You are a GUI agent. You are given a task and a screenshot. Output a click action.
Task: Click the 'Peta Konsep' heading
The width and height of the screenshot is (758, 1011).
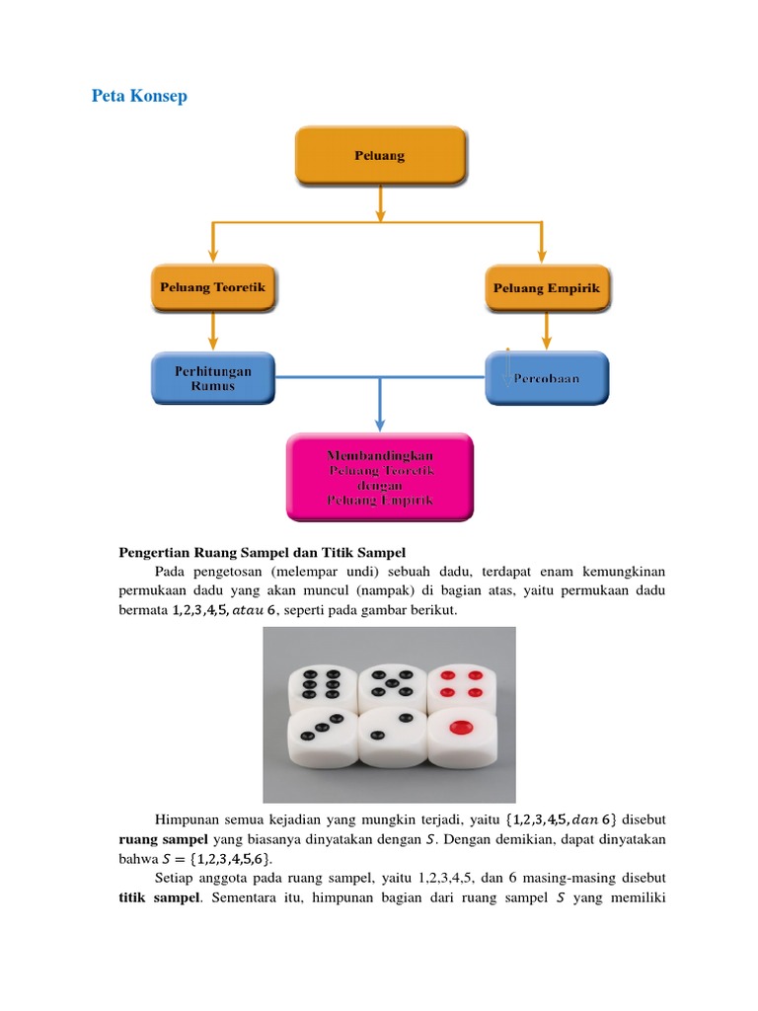(x=139, y=96)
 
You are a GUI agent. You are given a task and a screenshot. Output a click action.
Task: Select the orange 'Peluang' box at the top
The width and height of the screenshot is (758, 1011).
(x=379, y=156)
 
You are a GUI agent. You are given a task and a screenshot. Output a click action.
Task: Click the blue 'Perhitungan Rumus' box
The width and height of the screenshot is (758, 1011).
(x=213, y=378)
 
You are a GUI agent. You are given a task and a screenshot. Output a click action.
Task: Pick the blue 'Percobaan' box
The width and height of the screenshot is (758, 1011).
(x=547, y=378)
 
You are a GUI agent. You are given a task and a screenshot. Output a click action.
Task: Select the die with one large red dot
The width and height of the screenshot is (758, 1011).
(x=460, y=733)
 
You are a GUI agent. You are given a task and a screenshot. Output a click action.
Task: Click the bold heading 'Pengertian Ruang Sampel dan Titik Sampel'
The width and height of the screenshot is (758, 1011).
(x=263, y=552)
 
